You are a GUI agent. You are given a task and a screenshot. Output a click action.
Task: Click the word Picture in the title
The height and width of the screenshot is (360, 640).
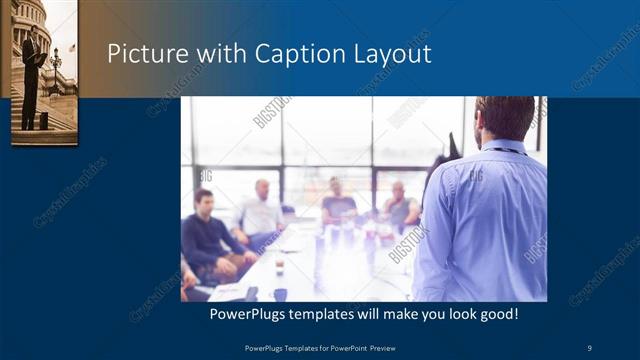144,54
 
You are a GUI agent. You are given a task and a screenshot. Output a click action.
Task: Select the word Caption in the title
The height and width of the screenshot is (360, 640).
262,54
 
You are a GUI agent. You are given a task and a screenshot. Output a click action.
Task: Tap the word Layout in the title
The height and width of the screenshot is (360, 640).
384,54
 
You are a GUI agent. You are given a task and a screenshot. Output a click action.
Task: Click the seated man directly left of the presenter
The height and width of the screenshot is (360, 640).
399,207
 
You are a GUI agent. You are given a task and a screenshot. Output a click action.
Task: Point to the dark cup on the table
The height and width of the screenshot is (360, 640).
280,293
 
